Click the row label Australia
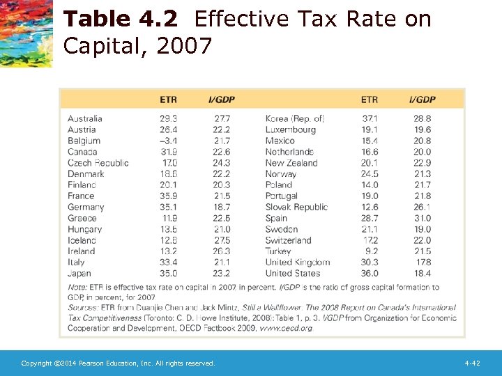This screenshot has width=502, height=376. point(84,118)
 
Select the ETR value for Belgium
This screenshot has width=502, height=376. point(168,141)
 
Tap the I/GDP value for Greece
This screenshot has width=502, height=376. point(222,218)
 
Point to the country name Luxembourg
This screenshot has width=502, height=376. point(290,130)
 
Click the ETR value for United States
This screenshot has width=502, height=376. point(370,274)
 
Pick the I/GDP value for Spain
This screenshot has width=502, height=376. point(422,218)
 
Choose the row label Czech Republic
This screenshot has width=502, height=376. point(98,163)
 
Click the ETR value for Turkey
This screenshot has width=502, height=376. point(372,251)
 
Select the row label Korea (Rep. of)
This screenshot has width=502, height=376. point(294,118)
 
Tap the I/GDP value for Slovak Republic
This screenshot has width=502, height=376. point(422,207)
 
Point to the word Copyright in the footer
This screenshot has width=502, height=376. point(36,363)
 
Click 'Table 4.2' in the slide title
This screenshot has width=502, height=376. point(123,19)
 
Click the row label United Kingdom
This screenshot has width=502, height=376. point(297,263)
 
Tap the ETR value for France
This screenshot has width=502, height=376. point(168,196)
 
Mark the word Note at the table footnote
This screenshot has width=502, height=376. point(77,287)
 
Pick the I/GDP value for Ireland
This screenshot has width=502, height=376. point(222,251)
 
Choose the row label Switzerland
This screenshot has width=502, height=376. point(288,240)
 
